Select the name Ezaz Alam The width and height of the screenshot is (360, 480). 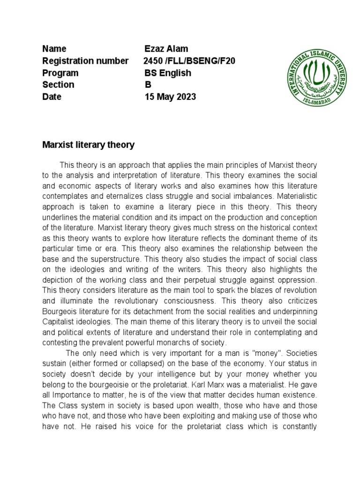point(166,49)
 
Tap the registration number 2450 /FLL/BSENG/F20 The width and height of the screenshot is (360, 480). point(189,61)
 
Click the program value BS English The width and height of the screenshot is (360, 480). point(168,73)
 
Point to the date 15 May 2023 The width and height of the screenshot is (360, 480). point(170,97)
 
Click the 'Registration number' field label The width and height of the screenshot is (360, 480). point(85,61)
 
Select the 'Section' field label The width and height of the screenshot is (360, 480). point(58,85)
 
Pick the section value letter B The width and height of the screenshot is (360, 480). point(148,85)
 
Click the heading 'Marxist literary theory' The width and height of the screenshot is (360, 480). point(88,145)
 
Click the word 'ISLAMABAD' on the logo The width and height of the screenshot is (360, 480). point(317,103)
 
